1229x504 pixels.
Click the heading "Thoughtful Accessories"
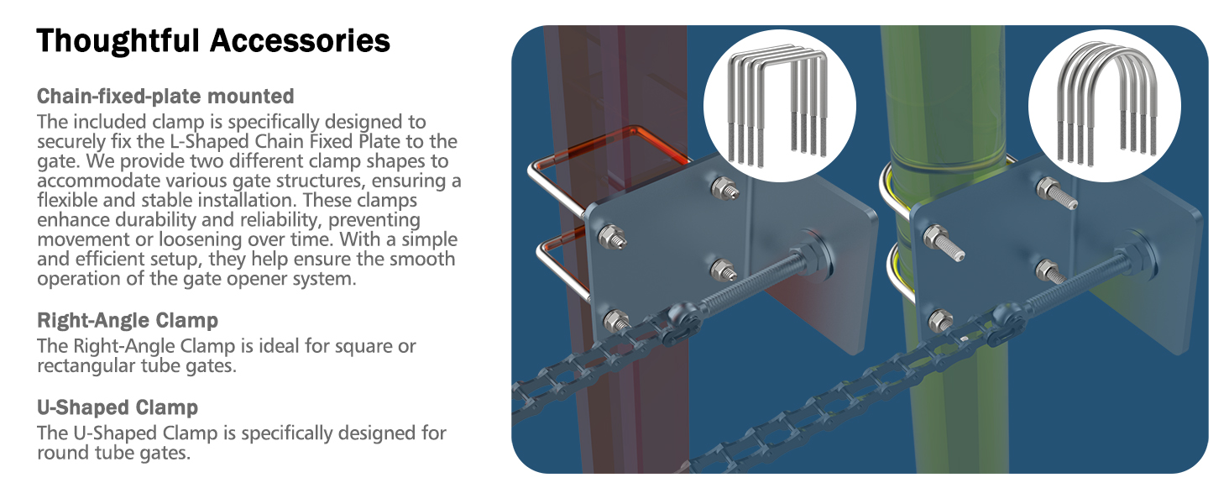pyautogui.click(x=213, y=40)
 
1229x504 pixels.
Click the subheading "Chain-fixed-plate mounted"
pyautogui.click(x=165, y=96)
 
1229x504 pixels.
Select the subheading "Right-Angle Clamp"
pyautogui.click(x=128, y=320)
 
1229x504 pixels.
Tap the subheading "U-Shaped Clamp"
pyautogui.click(x=118, y=408)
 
